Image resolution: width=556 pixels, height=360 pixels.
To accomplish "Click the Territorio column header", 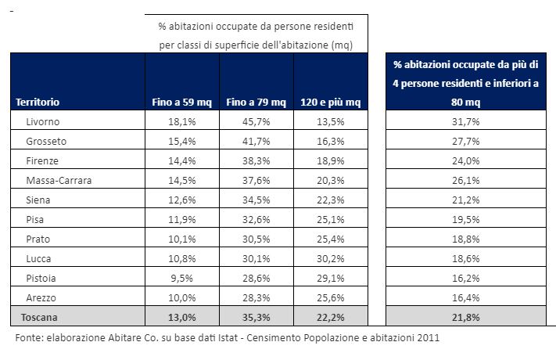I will (x=38, y=102).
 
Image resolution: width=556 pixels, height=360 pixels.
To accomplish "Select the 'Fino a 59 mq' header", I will (x=182, y=102).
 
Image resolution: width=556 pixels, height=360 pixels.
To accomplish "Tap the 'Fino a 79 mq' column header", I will (x=256, y=102).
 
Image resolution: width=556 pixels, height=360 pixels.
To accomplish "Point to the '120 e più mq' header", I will (x=331, y=102).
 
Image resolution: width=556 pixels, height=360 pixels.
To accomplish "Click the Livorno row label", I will (x=43, y=121).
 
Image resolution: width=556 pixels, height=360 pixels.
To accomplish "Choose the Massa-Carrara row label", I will (x=59, y=180).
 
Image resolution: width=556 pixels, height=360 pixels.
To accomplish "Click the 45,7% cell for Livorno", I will (x=256, y=121).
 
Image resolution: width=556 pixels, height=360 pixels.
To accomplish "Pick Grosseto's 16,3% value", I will (x=331, y=141).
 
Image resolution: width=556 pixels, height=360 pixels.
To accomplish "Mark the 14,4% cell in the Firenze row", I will (x=182, y=160).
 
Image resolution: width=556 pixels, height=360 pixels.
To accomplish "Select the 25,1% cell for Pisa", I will (x=331, y=219).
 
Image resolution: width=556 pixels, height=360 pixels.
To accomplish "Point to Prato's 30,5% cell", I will (x=256, y=239).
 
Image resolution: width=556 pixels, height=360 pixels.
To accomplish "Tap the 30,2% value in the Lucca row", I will (x=331, y=258).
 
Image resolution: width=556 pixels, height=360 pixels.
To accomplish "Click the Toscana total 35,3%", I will (x=256, y=317).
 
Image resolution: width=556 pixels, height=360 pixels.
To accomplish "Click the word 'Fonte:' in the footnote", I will (x=30, y=338).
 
